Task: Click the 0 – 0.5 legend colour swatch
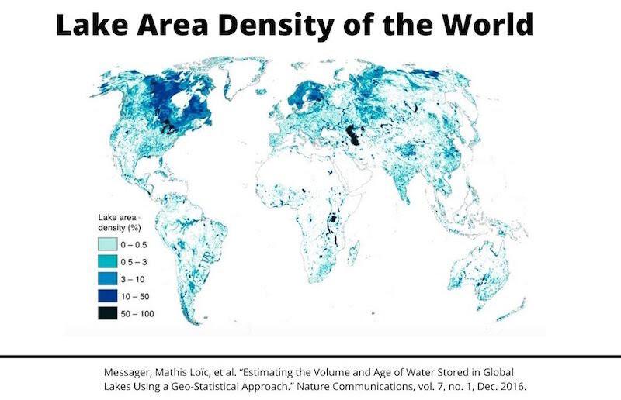108,243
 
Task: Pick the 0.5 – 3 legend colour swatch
108,261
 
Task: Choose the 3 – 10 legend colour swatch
108,278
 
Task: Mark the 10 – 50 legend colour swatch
108,295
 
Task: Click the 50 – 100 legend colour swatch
108,313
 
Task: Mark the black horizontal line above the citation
310,357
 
